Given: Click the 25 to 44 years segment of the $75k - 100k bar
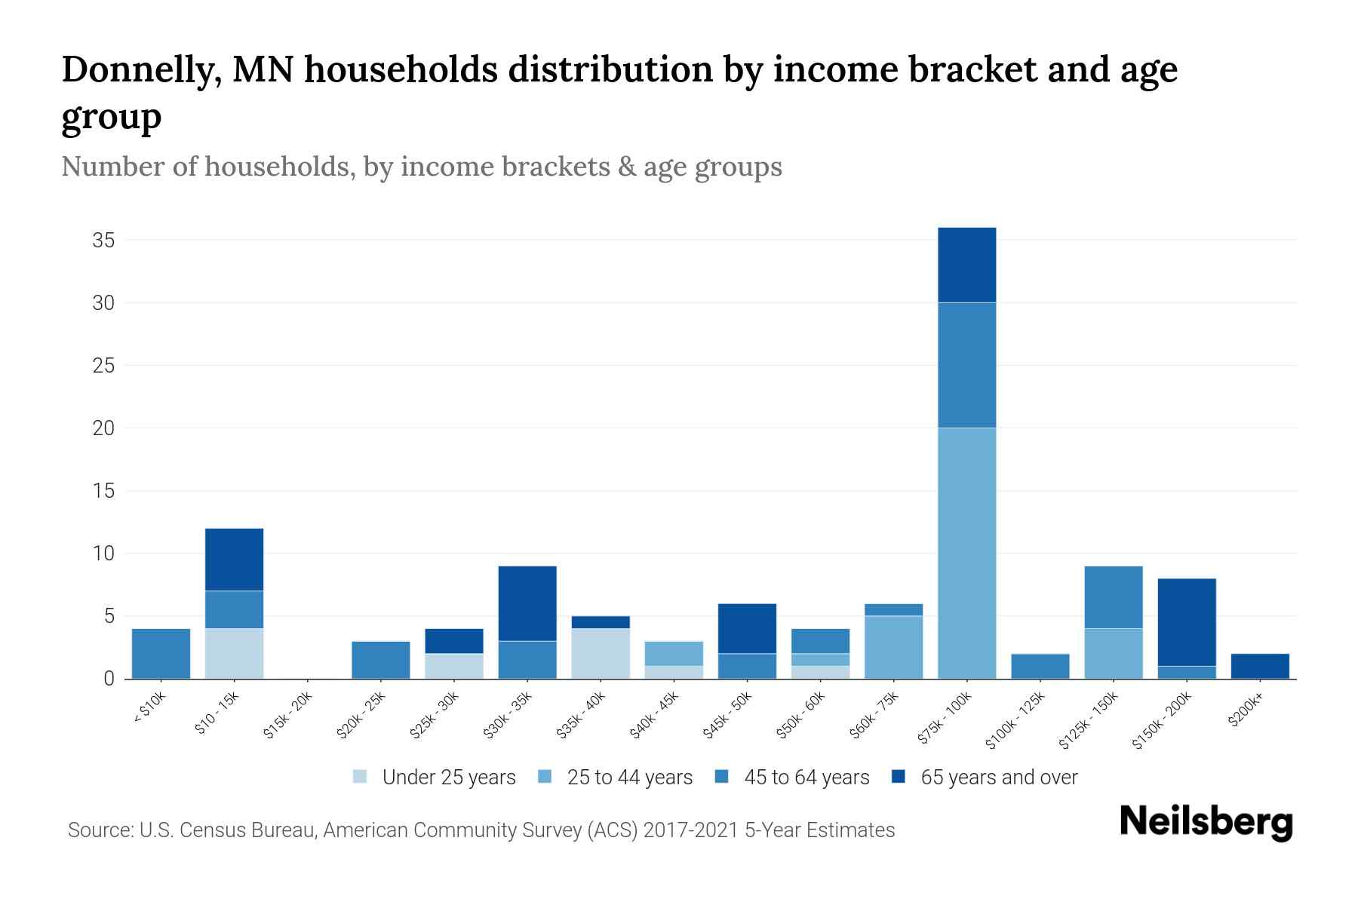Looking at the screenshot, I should pyautogui.click(x=966, y=553).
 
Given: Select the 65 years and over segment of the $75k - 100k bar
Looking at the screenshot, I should pyautogui.click(x=966, y=265).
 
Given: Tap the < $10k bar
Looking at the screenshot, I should pyautogui.click(x=161, y=653).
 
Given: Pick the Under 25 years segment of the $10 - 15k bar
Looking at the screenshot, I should pyautogui.click(x=234, y=653).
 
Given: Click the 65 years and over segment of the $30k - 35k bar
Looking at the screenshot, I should pyautogui.click(x=527, y=603).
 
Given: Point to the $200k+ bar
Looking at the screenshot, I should pyautogui.click(x=1260, y=666).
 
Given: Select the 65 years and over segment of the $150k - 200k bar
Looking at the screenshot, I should pyautogui.click(x=1187, y=622).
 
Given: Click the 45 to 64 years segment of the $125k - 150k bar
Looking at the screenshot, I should pyautogui.click(x=1114, y=597).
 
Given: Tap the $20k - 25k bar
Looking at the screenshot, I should pyautogui.click(x=381, y=660).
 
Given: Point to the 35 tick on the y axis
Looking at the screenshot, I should pyautogui.click(x=103, y=241).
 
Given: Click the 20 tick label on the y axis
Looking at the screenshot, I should pyautogui.click(x=103, y=428).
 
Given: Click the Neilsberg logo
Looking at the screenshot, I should pyautogui.click(x=1206, y=822).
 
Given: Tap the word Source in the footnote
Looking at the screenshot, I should pyautogui.click(x=98, y=830).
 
